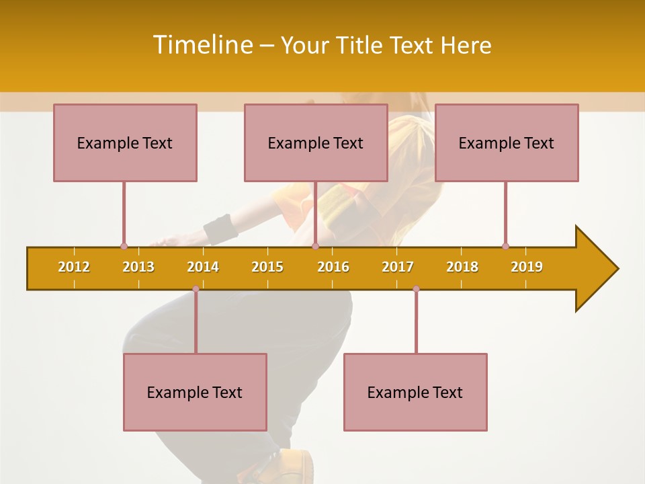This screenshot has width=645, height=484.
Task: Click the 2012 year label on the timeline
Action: (74, 267)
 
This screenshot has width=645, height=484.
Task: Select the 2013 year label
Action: (138, 267)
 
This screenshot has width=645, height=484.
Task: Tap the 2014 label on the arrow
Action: (203, 267)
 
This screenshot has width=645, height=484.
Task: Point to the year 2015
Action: (267, 267)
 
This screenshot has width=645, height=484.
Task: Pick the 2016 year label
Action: (333, 267)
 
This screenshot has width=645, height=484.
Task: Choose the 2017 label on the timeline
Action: (398, 267)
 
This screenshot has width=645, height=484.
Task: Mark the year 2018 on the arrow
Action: (462, 267)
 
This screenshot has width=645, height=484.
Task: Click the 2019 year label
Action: (527, 267)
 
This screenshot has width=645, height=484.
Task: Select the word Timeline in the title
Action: (202, 45)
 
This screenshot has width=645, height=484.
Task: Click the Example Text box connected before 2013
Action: (125, 143)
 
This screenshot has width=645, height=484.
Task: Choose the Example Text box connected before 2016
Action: (316, 143)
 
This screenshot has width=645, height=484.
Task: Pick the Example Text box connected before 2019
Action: (507, 143)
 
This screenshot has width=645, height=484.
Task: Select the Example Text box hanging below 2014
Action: (195, 392)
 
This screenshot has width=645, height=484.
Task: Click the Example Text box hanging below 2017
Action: (415, 392)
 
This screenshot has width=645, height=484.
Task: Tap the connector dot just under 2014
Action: (196, 288)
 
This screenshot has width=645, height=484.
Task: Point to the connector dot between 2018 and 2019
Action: (505, 246)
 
